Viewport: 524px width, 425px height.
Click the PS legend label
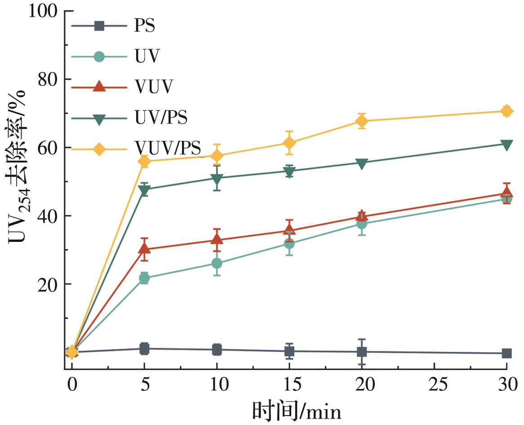pyautogui.click(x=144, y=26)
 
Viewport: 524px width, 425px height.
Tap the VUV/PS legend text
pyautogui.click(x=168, y=148)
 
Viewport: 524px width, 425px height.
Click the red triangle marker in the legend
pyautogui.click(x=99, y=87)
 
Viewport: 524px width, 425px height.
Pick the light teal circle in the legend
pyautogui.click(x=99, y=57)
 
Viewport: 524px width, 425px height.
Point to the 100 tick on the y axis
pyautogui.click(x=44, y=11)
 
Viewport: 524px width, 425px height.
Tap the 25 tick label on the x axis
pyautogui.click(x=434, y=385)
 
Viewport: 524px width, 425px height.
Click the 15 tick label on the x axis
pyautogui.click(x=289, y=385)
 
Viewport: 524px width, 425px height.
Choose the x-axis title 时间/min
pyautogui.click(x=297, y=410)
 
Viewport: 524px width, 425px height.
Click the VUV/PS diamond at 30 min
pyautogui.click(x=506, y=111)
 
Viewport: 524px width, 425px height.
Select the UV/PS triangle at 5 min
pyautogui.click(x=144, y=190)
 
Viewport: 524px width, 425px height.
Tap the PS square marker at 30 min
pyautogui.click(x=506, y=353)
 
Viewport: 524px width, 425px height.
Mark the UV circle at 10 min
pyautogui.click(x=217, y=263)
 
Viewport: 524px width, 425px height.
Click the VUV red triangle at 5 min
pyautogui.click(x=144, y=248)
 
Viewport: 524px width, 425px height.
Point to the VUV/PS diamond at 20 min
pyautogui.click(x=362, y=121)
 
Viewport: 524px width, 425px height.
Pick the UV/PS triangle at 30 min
pyautogui.click(x=506, y=145)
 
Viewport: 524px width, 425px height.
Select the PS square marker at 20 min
pyautogui.click(x=362, y=351)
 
